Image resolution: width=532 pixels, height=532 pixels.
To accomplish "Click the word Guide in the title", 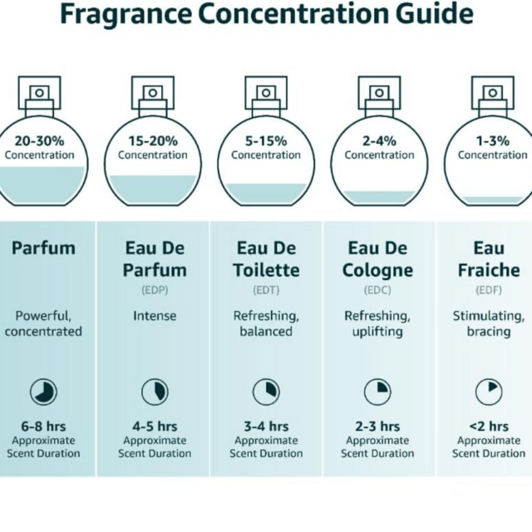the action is click(434, 14).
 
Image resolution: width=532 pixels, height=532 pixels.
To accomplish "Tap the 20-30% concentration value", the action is click(39, 140).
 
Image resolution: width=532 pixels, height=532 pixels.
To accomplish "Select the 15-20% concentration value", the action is click(153, 140).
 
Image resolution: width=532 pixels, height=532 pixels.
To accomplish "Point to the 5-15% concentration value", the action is click(266, 140).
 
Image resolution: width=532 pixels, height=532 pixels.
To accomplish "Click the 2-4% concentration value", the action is click(379, 140).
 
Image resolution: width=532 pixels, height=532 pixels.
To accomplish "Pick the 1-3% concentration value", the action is click(493, 140).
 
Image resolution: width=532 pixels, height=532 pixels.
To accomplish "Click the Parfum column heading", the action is click(43, 248).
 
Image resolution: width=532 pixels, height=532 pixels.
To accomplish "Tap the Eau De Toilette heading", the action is click(266, 259).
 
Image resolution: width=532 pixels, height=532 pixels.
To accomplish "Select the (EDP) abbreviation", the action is click(155, 290).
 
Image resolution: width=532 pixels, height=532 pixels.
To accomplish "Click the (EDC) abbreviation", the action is click(377, 290).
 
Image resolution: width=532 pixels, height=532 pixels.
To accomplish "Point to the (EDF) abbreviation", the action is click(489, 290).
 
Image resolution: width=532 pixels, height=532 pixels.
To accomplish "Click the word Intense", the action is click(155, 316).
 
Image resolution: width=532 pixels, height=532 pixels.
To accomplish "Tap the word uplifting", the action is click(377, 332).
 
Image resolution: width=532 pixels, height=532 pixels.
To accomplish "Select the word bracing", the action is click(489, 332).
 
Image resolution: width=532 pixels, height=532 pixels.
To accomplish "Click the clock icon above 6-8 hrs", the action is click(43, 392).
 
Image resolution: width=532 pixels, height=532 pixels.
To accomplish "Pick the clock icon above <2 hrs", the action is click(489, 392).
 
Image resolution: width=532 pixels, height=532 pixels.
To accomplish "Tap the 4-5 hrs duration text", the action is click(155, 426).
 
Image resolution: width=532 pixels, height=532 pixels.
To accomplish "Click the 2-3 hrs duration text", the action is click(377, 426).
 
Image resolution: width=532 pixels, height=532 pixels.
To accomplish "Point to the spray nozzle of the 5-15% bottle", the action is click(266, 92).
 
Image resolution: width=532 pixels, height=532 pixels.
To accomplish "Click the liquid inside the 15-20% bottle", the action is click(153, 190).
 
